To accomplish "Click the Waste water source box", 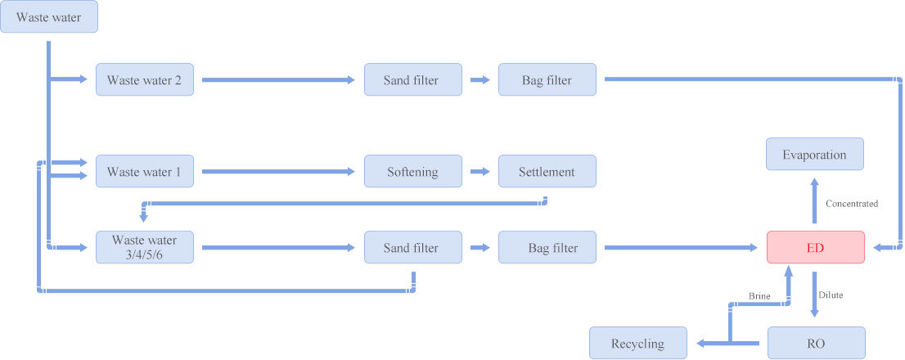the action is coord(49,16).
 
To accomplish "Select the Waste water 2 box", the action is coord(144,79).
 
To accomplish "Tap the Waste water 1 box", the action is coord(144,171).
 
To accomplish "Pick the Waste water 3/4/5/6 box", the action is coord(144,247).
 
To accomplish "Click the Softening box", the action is coord(413,171).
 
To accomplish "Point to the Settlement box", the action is coord(547,171).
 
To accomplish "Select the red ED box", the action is coord(816,247).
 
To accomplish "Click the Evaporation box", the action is coord(815,154).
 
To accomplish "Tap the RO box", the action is coord(817,344).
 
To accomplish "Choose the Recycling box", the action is coord(638,344).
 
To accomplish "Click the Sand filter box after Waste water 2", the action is coord(413,79).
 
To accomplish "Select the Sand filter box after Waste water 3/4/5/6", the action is coord(413,247).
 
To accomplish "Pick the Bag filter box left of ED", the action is coord(547,247).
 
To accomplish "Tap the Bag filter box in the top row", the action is coord(547,79).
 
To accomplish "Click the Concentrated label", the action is coord(852,204).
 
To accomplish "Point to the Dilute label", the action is coord(831,295).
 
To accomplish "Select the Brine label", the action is coord(759,296).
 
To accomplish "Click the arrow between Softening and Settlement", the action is coord(480,171).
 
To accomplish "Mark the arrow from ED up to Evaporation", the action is coord(815,200).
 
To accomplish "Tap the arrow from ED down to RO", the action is coord(815,295).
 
